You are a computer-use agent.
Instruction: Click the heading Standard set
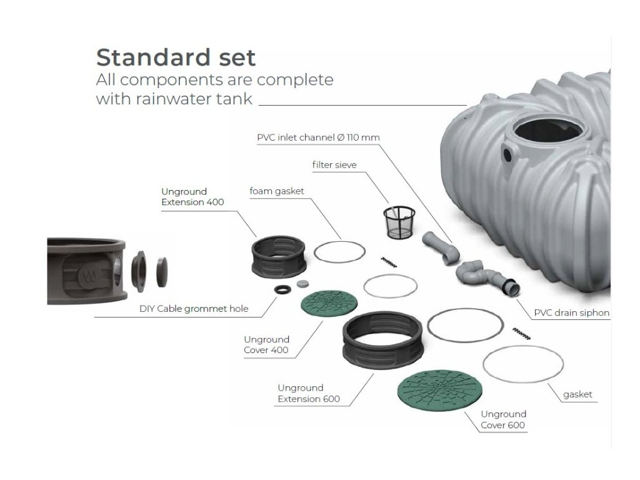coord(176,57)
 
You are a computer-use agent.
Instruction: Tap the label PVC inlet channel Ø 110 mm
coord(318,137)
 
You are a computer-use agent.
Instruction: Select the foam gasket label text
coord(277,191)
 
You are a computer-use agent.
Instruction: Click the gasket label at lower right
coord(577,394)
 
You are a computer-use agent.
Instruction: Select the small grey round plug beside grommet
coord(303,284)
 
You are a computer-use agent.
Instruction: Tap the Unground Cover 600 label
coord(503,420)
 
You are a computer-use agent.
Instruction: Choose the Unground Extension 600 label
coord(301,394)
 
